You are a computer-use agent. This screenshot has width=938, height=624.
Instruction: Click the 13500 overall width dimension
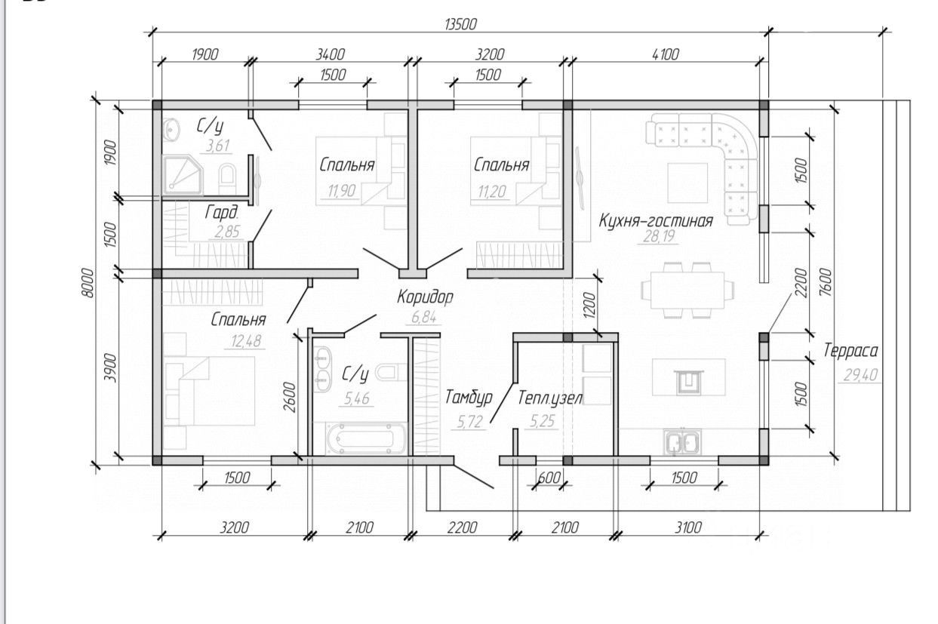click(x=460, y=24)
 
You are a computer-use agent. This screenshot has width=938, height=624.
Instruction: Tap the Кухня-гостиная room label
click(x=655, y=221)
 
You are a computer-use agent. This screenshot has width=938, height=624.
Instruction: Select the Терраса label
click(x=850, y=351)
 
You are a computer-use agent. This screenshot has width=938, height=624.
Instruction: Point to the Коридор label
click(x=425, y=297)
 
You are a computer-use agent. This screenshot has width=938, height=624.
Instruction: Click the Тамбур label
click(x=469, y=397)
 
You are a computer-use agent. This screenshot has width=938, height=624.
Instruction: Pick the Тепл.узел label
click(x=550, y=398)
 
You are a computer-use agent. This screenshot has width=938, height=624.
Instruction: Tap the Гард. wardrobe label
click(x=222, y=212)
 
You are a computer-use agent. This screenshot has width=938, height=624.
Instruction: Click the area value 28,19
click(x=659, y=237)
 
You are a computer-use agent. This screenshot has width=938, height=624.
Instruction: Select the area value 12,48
click(x=246, y=341)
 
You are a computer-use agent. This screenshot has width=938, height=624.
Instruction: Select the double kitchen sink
click(x=682, y=442)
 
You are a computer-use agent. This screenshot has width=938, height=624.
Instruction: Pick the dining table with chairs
click(x=687, y=290)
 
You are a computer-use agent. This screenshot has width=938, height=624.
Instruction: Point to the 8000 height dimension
click(x=88, y=283)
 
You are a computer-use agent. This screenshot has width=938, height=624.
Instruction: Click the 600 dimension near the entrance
click(x=549, y=478)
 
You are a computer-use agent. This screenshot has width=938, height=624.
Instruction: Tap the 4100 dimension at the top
click(x=666, y=54)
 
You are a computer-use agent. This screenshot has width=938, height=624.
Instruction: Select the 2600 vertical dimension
click(x=290, y=397)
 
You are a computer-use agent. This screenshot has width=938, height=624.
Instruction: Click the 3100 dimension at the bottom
click(x=687, y=527)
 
